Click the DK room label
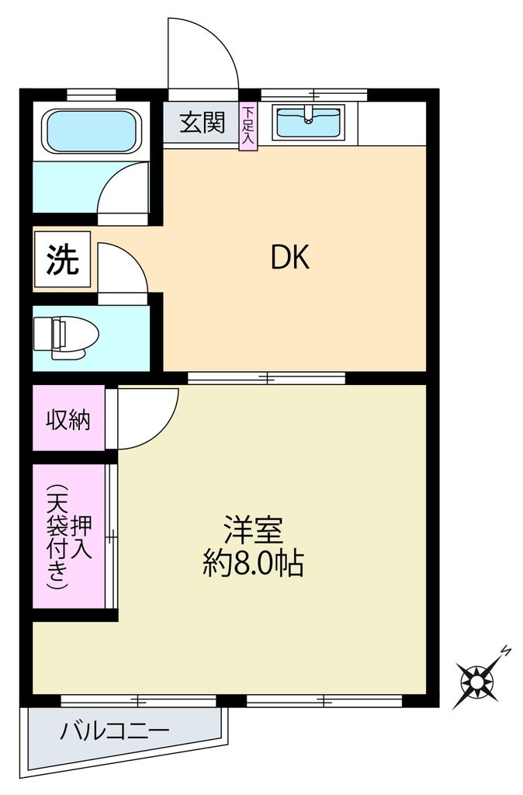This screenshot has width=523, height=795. (290, 257)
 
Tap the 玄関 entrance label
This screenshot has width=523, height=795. (203, 123)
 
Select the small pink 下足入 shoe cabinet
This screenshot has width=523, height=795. (248, 127)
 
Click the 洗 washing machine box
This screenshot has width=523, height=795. (63, 261)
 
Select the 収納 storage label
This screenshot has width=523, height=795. (68, 420)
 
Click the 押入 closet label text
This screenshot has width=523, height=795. (81, 537)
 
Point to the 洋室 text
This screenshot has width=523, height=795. (253, 530)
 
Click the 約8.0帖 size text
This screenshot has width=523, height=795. (253, 563)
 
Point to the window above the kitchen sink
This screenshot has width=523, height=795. (313, 95)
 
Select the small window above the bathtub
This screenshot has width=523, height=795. (91, 95)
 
